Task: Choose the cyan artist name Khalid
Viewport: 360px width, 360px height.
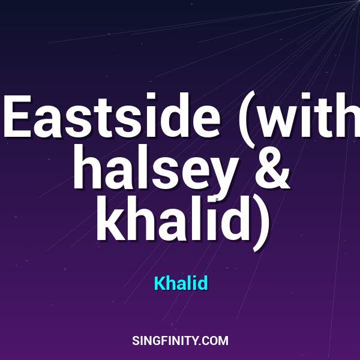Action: [x=181, y=283]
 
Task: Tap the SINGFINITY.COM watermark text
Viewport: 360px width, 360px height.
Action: [x=180, y=341]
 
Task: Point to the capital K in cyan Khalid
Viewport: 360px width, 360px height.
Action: [x=159, y=283]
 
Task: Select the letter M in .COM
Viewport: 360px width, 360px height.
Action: [x=223, y=341]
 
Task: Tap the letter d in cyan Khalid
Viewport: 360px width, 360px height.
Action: [x=203, y=283]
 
